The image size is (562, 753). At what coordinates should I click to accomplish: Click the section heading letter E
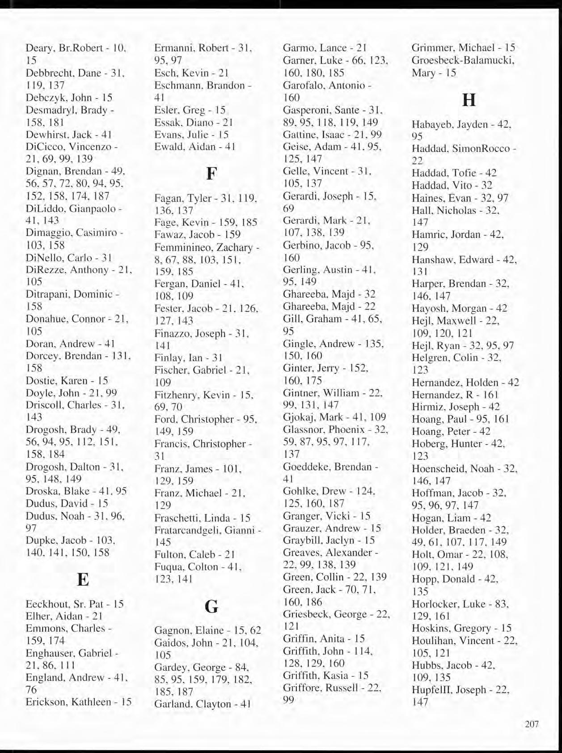click(83, 580)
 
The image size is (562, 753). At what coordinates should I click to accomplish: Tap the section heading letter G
click(211, 607)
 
